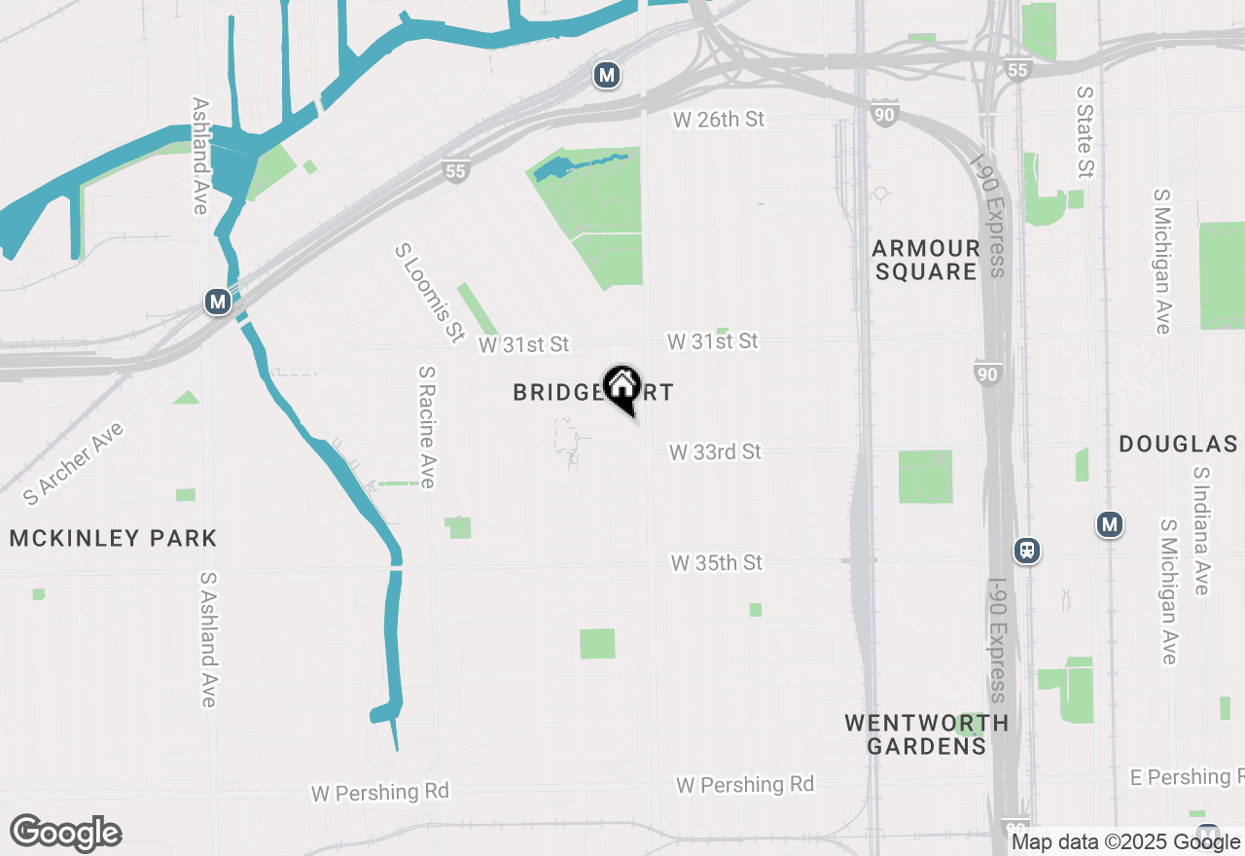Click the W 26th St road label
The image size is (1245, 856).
(x=720, y=119)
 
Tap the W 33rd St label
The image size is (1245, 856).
(x=715, y=452)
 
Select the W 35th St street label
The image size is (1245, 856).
(x=717, y=563)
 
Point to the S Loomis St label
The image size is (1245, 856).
(x=429, y=293)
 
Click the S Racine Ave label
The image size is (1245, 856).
(x=427, y=427)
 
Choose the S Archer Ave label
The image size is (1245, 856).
(x=74, y=463)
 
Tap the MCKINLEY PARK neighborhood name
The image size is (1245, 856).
(x=113, y=538)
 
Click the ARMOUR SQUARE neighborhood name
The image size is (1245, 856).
(x=926, y=260)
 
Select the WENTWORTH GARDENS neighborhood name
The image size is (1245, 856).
(x=926, y=734)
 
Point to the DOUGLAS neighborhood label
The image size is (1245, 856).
(x=1178, y=445)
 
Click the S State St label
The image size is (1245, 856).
(x=1085, y=131)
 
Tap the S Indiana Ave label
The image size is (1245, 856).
(x=1201, y=530)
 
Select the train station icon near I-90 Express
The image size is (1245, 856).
(x=1027, y=551)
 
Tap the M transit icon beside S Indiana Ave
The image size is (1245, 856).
(x=1110, y=525)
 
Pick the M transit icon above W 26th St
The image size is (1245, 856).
(x=607, y=75)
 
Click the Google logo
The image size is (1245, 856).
(x=66, y=833)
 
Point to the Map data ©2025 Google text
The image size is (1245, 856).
(x=1125, y=842)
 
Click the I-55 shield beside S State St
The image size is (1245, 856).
(x=1017, y=70)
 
